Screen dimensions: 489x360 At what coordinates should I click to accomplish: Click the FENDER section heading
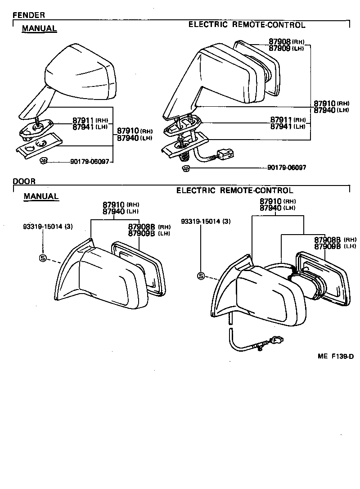click(x=29, y=15)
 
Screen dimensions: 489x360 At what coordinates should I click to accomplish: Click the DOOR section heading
click(x=24, y=181)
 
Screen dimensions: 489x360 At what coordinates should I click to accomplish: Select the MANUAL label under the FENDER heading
click(x=40, y=28)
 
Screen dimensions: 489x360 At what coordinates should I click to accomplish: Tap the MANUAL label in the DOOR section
click(x=41, y=196)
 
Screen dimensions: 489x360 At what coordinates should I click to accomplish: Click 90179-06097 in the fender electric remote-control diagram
click(x=287, y=168)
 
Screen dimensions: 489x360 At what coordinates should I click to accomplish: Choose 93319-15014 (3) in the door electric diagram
click(x=206, y=222)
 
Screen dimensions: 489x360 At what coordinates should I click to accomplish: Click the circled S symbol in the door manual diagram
click(x=43, y=258)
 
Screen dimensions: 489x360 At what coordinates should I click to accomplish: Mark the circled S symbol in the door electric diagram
click(x=201, y=276)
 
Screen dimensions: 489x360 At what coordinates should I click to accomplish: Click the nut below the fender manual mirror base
click(x=44, y=160)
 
